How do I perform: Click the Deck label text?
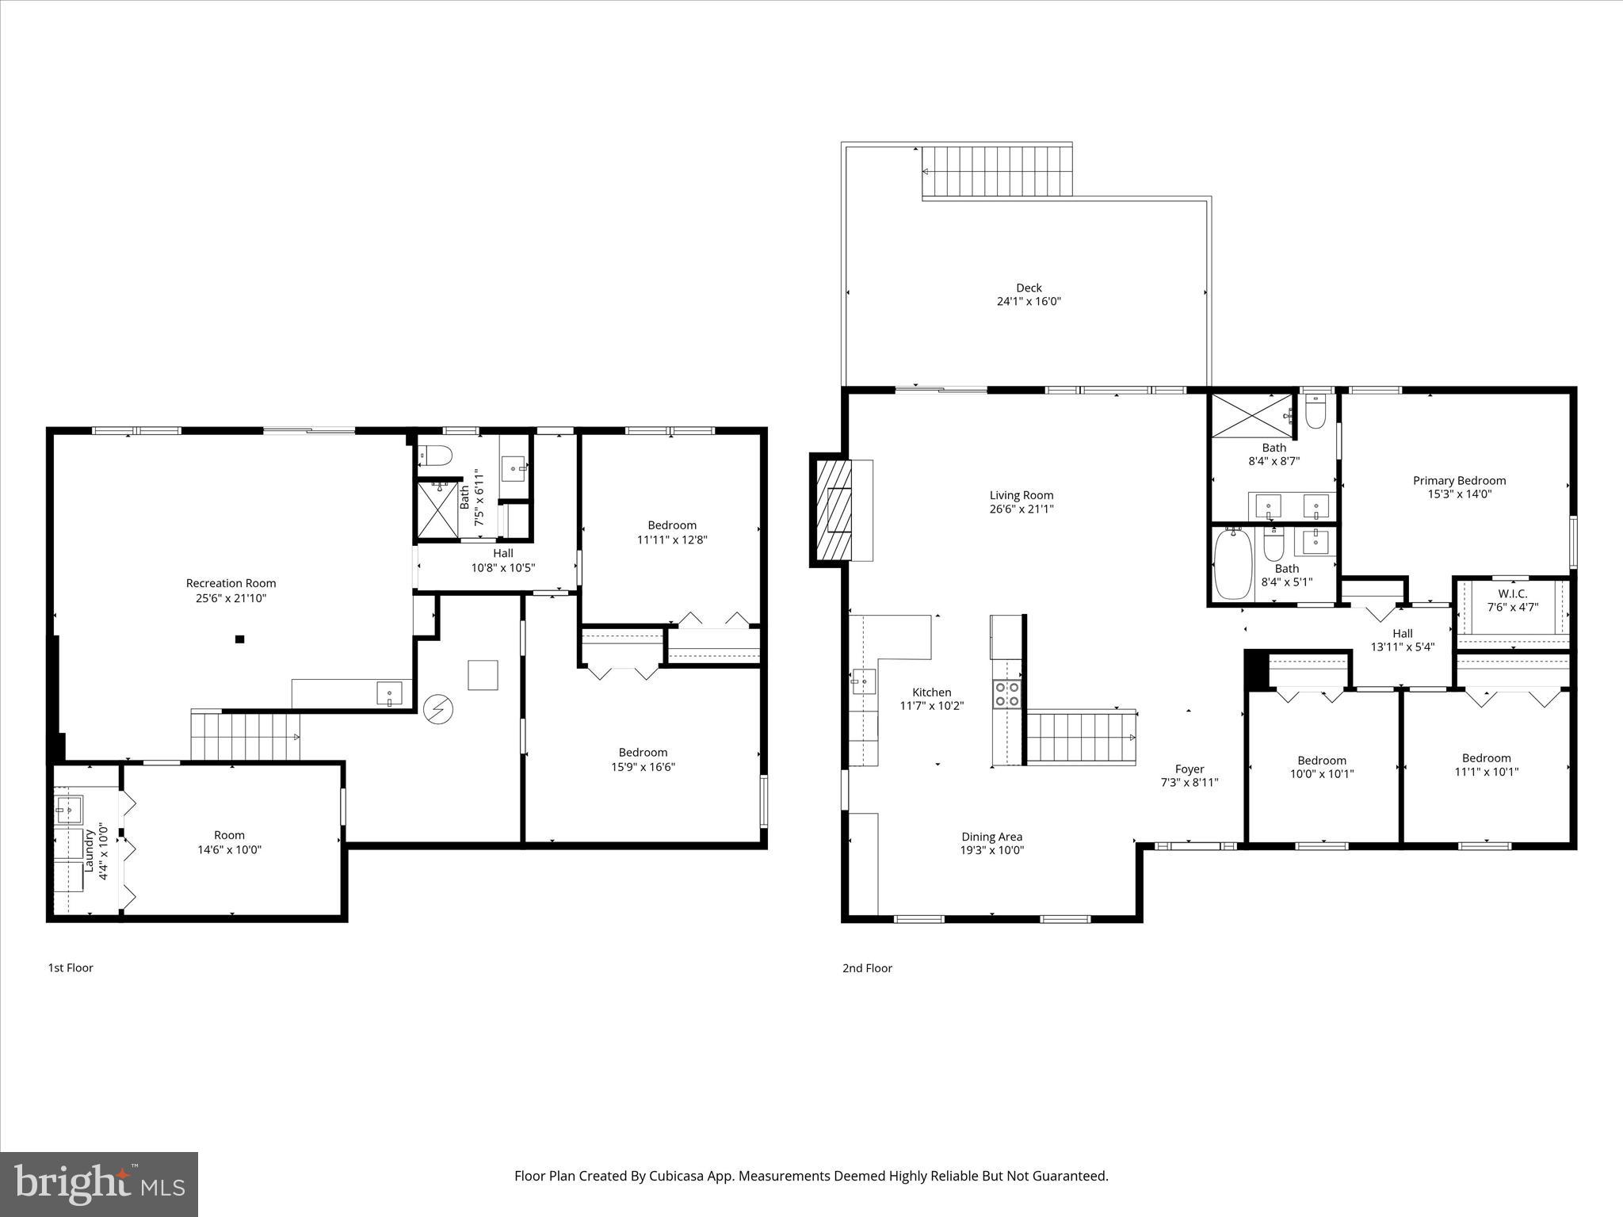click(x=1029, y=288)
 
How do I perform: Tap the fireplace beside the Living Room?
click(x=831, y=509)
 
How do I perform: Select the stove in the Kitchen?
click(x=1006, y=694)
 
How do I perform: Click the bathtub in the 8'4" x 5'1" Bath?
click(x=1233, y=564)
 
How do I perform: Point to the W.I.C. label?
click(x=1512, y=593)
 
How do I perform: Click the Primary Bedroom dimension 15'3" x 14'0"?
click(x=1459, y=494)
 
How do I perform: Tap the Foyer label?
click(x=1189, y=769)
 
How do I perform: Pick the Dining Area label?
click(x=991, y=836)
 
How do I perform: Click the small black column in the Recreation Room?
click(x=239, y=639)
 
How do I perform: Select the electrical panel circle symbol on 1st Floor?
click(x=436, y=709)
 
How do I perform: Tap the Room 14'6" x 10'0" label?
click(x=229, y=841)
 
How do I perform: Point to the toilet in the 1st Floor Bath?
click(x=435, y=456)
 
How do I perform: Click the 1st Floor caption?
click(x=71, y=967)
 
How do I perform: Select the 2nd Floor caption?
click(x=867, y=967)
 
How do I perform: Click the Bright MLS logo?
click(x=99, y=1184)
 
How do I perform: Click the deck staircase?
click(x=997, y=170)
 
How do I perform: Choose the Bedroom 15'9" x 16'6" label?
click(x=643, y=759)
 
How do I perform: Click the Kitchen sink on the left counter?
click(x=863, y=680)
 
